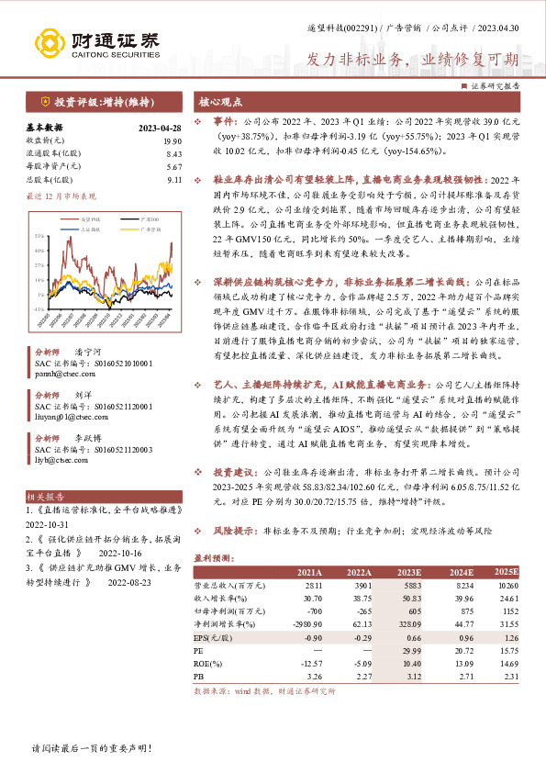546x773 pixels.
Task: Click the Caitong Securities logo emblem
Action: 51,42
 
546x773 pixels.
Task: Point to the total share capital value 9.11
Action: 174,180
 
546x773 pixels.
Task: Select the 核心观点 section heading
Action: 221,101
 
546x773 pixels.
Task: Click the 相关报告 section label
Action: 42,495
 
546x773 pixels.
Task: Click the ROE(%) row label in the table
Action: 211,662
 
